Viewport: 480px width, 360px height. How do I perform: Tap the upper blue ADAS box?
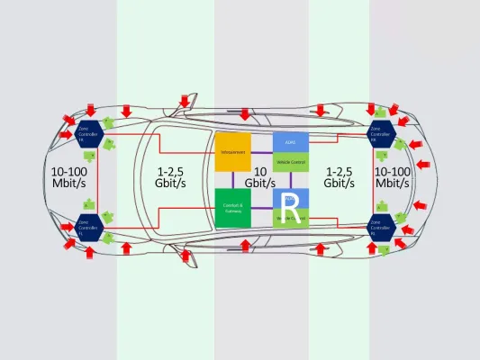(290, 141)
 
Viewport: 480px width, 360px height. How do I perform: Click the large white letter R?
(290, 202)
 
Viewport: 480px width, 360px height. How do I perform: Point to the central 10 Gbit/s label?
(261, 177)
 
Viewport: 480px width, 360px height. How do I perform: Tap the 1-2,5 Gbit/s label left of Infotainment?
(172, 176)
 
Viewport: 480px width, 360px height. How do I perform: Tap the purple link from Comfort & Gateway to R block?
(261, 209)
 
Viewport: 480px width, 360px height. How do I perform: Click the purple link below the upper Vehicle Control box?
(290, 179)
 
